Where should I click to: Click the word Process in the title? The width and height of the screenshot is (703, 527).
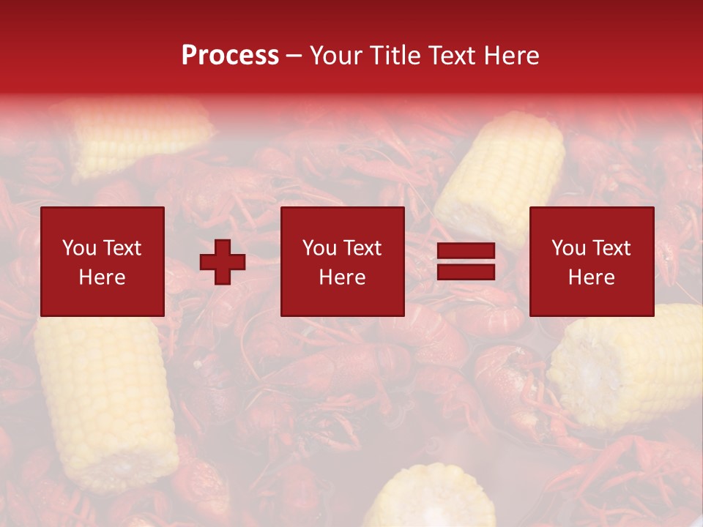230,56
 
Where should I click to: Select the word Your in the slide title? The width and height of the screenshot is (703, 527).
335,56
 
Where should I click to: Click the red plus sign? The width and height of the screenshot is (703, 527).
223,262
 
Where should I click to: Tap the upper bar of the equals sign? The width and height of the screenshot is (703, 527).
466,251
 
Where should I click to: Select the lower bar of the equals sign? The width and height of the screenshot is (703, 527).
466,272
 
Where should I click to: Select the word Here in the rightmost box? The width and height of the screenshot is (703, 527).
592,277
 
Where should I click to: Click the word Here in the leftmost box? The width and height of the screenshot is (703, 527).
103,277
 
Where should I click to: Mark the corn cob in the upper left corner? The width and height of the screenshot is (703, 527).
139,135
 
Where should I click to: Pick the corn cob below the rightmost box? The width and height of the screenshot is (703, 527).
630,366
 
